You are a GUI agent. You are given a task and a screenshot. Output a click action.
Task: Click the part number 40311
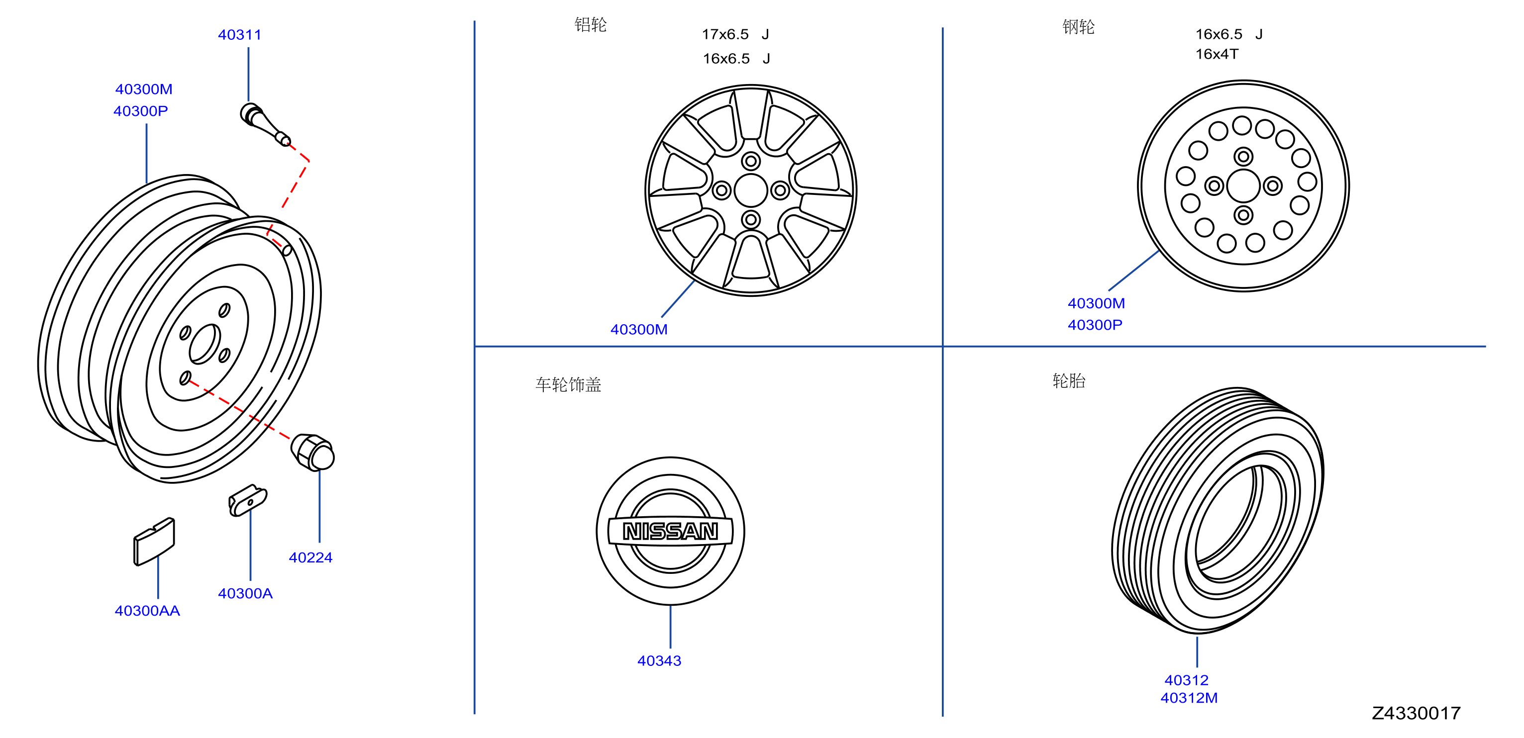click(240, 35)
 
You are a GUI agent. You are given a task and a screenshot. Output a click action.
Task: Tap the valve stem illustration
click(265, 124)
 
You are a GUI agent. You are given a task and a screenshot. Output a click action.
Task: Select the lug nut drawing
click(312, 452)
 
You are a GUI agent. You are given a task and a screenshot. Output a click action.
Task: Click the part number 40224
click(310, 557)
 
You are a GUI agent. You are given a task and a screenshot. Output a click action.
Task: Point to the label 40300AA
click(147, 611)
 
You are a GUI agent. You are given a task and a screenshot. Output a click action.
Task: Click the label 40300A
click(245, 594)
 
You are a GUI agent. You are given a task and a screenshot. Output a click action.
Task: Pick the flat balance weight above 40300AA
click(154, 542)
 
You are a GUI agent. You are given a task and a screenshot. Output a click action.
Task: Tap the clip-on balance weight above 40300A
click(248, 501)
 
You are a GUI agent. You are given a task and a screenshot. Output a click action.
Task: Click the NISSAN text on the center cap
click(670, 531)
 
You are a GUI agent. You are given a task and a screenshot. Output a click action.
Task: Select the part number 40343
click(659, 661)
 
